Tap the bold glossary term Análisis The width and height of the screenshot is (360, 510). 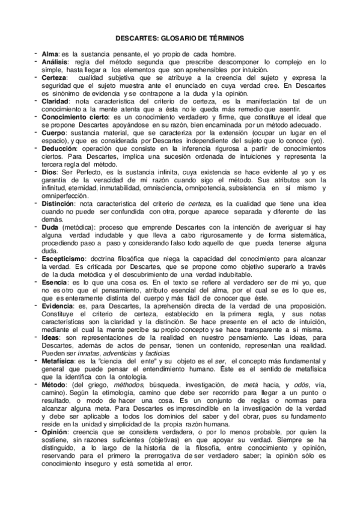click(55, 62)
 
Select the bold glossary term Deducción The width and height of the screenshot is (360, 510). click(59, 148)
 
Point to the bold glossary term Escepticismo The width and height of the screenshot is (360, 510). click(65, 257)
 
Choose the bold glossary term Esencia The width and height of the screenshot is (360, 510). click(55, 281)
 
